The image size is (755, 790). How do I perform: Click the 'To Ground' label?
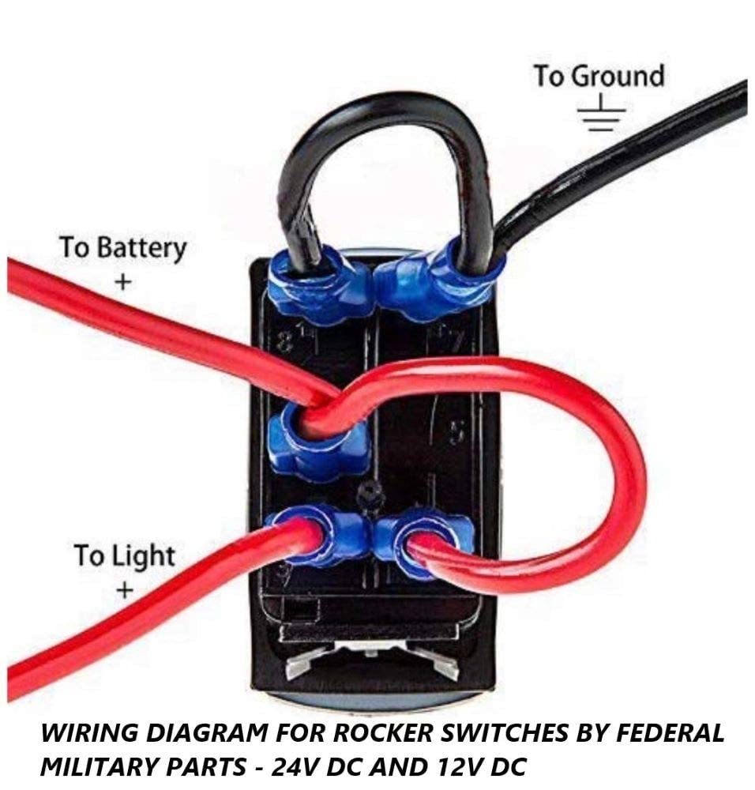[599, 76]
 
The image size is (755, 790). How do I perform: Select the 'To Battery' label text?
[123, 248]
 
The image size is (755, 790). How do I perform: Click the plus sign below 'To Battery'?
[122, 282]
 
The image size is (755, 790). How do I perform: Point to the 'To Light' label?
[125, 555]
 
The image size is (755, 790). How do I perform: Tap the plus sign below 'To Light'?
[125, 589]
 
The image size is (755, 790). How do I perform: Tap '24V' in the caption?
[295, 767]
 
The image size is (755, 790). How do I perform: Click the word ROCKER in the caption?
[383, 733]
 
